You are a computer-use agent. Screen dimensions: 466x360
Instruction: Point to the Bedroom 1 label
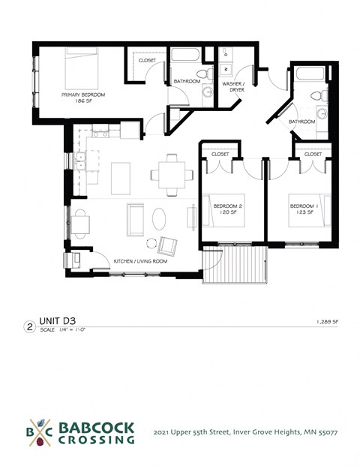click(x=301, y=208)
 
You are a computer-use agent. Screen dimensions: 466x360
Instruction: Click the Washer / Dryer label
click(x=233, y=87)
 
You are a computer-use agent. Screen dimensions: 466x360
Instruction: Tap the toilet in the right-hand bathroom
click(x=316, y=96)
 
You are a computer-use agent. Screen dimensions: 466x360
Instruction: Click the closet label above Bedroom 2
click(x=220, y=154)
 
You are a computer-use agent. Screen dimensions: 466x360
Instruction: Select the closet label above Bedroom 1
click(x=313, y=154)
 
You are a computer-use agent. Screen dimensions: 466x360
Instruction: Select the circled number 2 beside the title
click(x=29, y=326)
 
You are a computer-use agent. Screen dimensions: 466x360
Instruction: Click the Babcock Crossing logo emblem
click(x=38, y=432)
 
